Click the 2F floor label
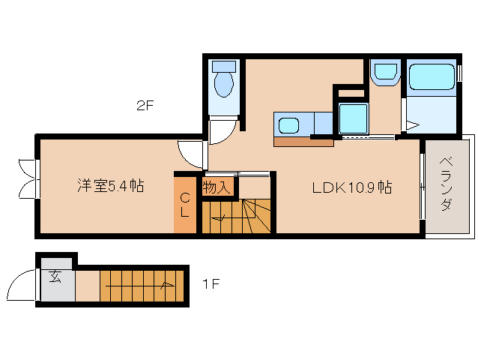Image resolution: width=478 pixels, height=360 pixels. tap(145, 106)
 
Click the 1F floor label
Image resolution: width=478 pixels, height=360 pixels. tap(211, 284)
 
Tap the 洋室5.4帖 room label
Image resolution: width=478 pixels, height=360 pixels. tap(110, 186)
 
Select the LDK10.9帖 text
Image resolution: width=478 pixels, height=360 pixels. tap(352, 187)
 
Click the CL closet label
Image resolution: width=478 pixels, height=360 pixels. tap(184, 204)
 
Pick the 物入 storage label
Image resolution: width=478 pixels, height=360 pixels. tap(217, 187)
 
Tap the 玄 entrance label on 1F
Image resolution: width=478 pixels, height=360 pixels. tap(55, 278)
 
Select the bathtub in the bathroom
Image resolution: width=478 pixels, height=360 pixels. tap(432, 77)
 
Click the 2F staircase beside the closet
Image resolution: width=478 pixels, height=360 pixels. tap(236, 217)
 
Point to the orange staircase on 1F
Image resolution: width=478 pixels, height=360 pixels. tap(142, 285)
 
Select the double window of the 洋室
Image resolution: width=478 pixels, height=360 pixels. tap(28, 178)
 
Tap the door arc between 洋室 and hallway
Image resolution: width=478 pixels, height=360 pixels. tap(192, 154)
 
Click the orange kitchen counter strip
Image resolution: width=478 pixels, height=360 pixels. tap(303, 141)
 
